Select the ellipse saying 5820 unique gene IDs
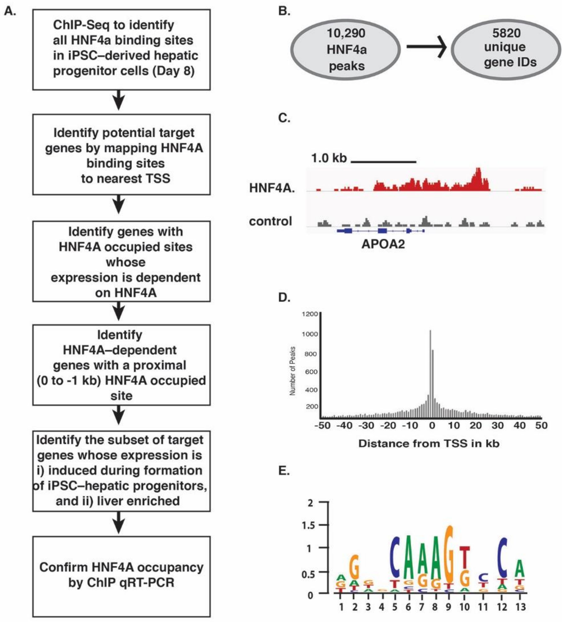pos(506,49)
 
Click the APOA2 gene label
pos(383,244)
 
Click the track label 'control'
pos(270,221)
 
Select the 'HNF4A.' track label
pos(272,188)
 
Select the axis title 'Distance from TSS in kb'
pos(429,444)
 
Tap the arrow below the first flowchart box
pos(119,100)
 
